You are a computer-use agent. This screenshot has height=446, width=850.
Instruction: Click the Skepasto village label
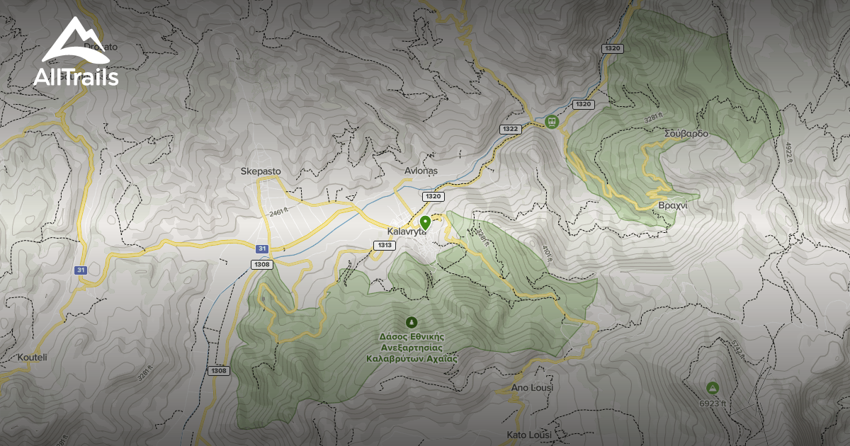[x=261, y=171]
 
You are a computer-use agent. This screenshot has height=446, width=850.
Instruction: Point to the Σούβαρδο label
[x=686, y=134]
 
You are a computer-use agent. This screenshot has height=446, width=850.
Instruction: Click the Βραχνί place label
[x=673, y=205]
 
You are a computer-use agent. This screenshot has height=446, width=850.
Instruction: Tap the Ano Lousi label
[x=531, y=388]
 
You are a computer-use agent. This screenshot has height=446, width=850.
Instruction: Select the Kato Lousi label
[x=529, y=434]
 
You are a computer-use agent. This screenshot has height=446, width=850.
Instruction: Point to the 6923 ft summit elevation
[x=713, y=404]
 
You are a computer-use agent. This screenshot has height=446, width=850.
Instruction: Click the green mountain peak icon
[x=712, y=388]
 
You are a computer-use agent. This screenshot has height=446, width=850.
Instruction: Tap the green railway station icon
[x=552, y=122]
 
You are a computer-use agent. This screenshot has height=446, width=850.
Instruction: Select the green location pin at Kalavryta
[x=425, y=222]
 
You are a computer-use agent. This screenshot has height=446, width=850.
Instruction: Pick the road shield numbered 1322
[x=510, y=129]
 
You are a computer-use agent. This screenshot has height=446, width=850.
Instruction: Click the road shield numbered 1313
[x=383, y=246]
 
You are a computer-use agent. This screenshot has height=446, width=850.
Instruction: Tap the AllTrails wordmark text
[x=76, y=78]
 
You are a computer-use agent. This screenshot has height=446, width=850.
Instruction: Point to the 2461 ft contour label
[x=281, y=212]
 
